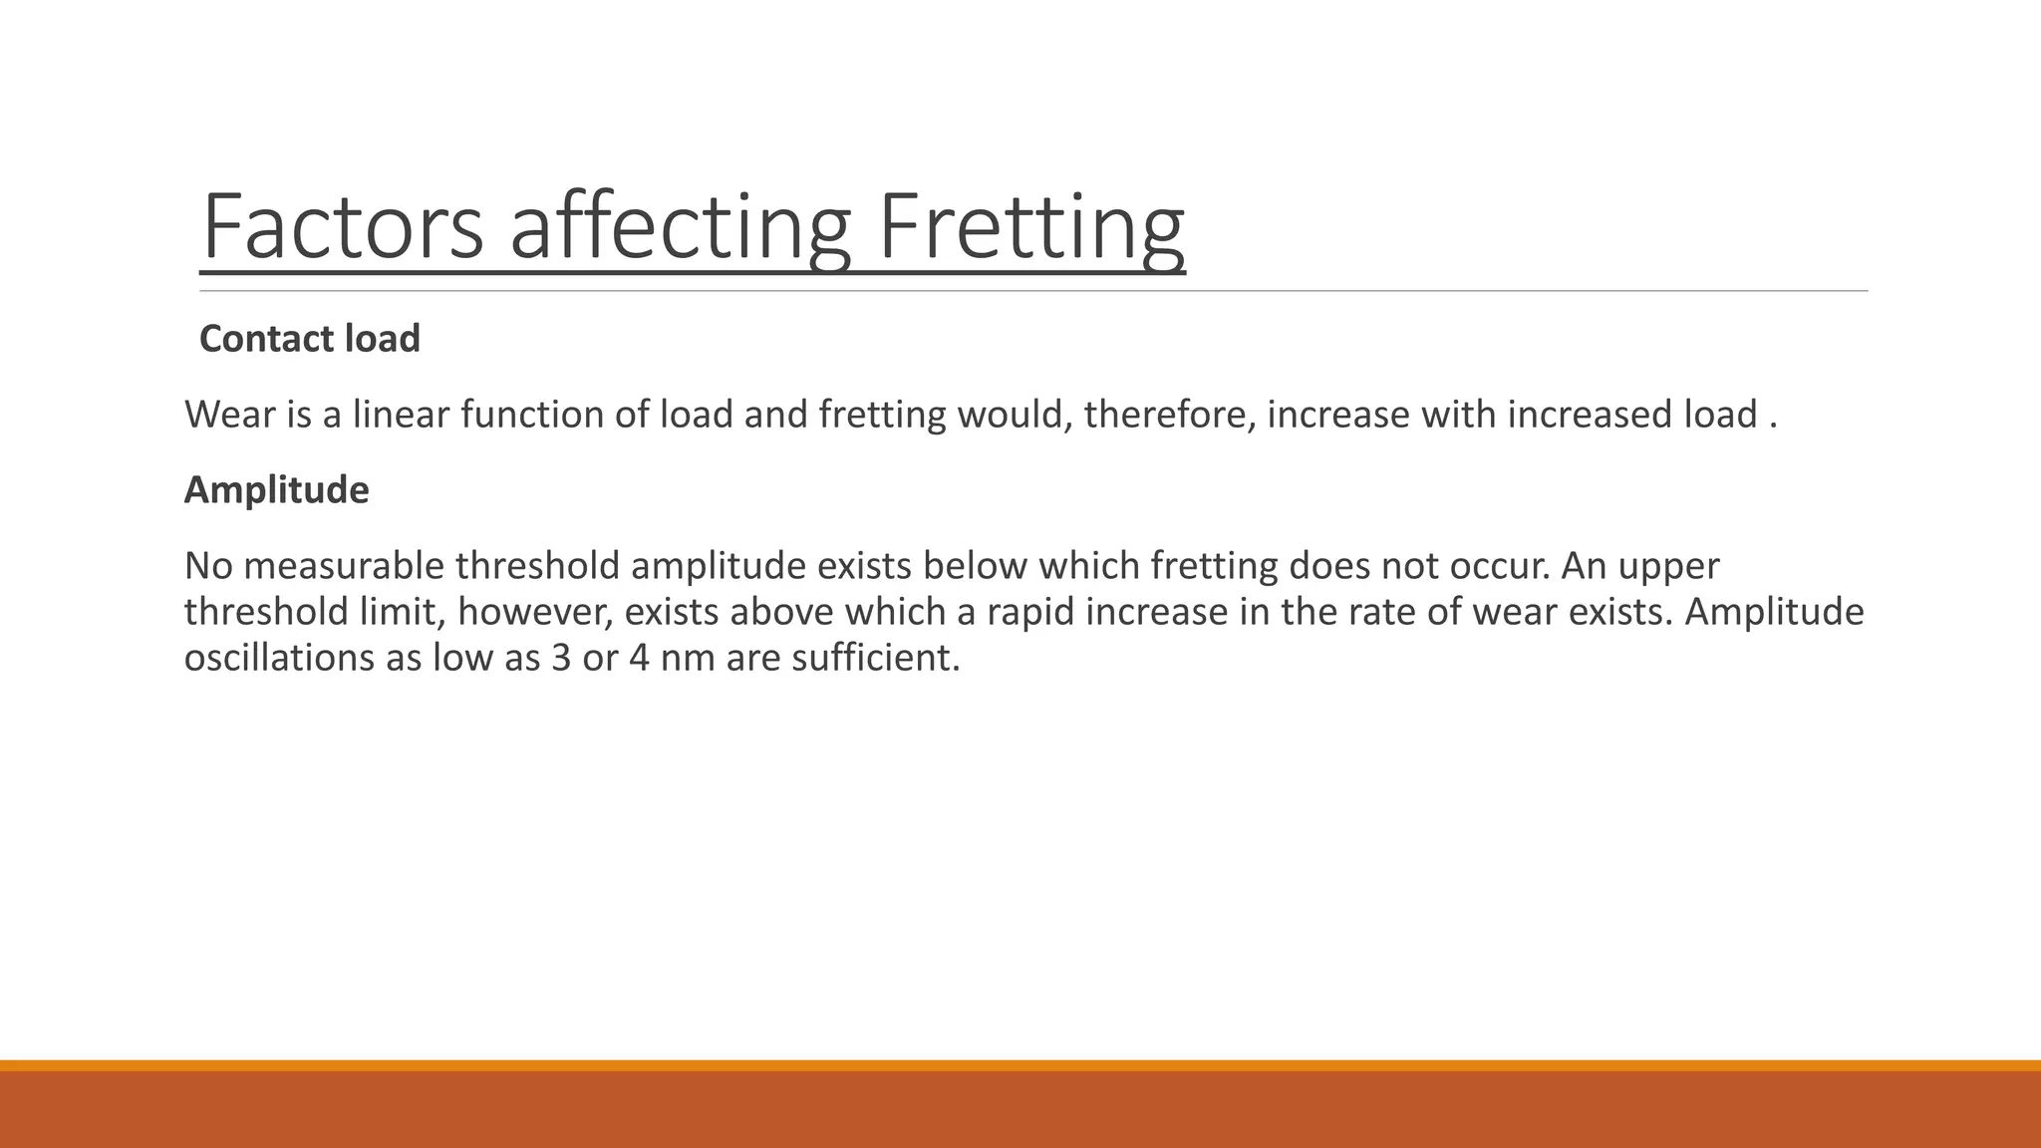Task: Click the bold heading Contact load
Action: click(310, 339)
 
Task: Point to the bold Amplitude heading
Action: click(276, 490)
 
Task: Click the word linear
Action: click(402, 415)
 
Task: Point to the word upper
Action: click(1668, 566)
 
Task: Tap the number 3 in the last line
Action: click(560, 658)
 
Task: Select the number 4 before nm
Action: click(639, 658)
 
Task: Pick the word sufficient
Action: click(875, 658)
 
